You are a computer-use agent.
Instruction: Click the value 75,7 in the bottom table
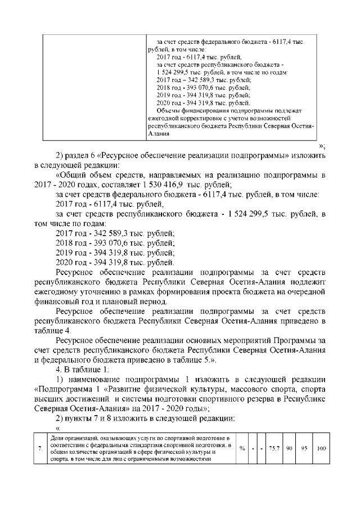coord(274,448)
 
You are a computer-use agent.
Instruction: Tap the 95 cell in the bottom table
coord(303,448)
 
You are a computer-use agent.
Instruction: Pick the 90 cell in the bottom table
coord(287,448)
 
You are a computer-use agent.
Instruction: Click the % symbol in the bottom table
coord(241,448)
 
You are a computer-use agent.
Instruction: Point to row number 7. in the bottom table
coord(39,448)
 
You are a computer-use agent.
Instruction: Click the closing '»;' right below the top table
coord(322,146)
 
